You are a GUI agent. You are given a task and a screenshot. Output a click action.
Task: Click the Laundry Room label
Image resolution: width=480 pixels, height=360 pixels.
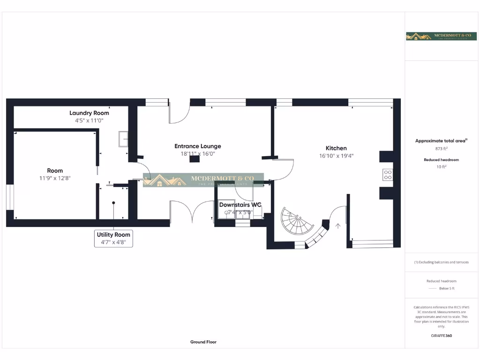(x=89, y=113)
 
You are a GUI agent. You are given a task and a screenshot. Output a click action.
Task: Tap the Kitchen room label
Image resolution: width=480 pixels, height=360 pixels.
(x=336, y=148)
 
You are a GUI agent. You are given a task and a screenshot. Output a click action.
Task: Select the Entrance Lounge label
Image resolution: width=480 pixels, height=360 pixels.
(x=197, y=146)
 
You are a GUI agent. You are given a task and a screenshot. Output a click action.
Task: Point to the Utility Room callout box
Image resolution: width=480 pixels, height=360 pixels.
(x=113, y=238)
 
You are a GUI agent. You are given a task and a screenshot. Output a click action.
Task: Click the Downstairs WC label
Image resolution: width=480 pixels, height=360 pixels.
(x=240, y=205)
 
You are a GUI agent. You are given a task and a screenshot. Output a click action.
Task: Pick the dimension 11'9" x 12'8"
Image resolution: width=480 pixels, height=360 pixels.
(x=55, y=178)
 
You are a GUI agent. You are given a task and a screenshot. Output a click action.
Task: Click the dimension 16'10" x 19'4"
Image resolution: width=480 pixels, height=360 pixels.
(x=336, y=156)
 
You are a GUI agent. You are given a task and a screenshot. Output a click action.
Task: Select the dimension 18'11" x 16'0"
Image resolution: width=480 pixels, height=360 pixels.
(x=197, y=154)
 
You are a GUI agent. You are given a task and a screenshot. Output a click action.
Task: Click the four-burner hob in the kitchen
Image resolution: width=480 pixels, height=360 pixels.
(x=388, y=175)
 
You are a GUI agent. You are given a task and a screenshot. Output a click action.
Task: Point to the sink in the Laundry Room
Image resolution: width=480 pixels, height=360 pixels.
(x=124, y=139)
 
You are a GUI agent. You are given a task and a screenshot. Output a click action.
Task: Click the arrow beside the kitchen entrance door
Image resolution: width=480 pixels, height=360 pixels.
(x=338, y=226)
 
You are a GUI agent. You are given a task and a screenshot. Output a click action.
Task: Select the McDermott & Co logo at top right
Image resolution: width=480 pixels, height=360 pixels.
(x=435, y=36)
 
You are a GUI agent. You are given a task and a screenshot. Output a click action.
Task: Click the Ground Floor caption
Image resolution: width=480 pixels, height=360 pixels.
(x=203, y=342)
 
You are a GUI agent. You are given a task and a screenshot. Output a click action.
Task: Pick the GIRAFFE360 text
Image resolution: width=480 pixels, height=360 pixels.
(x=441, y=336)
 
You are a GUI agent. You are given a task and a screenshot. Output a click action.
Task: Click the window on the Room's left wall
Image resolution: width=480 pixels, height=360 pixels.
(x=10, y=197)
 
